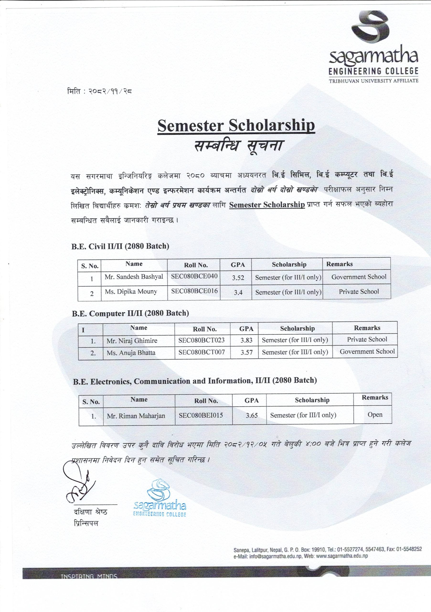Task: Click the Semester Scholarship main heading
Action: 236,126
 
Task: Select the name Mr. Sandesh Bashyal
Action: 134,277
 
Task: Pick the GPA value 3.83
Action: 246,340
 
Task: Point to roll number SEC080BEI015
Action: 201,415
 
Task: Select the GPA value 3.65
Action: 252,415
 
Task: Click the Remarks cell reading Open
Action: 375,415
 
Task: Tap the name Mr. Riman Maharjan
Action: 136,416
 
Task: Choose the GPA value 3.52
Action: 238,278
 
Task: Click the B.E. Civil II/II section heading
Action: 120,246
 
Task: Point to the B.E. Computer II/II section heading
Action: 130,313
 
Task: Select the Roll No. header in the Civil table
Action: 196,265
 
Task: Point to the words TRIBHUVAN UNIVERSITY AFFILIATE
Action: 373,81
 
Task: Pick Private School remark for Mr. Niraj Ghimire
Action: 367,339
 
